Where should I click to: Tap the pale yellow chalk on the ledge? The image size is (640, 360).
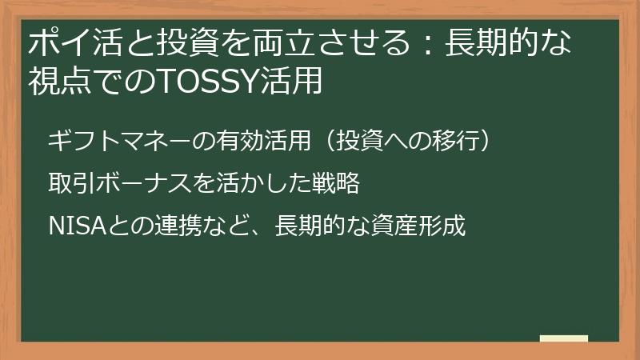pos(563,338)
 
